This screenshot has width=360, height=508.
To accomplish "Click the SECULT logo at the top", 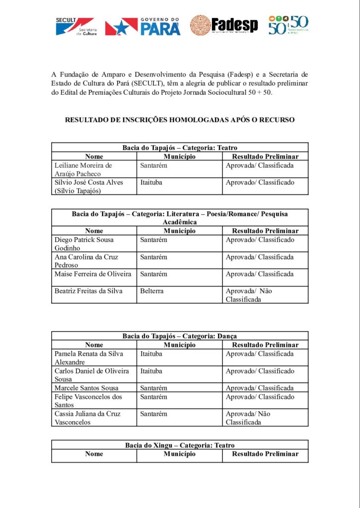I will [76, 26].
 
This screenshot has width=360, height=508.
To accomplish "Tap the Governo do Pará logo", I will [143, 26].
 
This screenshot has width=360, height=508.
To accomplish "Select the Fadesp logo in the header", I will [224, 25].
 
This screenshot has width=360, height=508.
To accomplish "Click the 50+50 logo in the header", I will [288, 25].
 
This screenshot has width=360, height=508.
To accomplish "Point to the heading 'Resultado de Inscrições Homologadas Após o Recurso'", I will [180, 120].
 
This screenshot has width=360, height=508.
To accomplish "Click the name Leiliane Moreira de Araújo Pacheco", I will [83, 169].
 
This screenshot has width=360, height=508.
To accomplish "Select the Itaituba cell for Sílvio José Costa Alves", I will [151, 183].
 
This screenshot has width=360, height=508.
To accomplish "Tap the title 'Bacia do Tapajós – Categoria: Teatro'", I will [180, 147].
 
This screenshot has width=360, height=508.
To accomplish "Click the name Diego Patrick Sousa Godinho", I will [84, 244].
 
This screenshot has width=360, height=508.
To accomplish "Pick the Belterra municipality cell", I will [151, 291].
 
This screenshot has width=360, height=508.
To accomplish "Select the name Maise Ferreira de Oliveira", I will [93, 274].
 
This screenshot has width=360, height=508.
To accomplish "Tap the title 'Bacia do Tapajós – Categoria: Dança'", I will [180, 336].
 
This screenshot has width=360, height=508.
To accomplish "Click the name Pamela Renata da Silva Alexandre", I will [88, 358].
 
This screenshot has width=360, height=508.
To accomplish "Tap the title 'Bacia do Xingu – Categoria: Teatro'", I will [180, 445].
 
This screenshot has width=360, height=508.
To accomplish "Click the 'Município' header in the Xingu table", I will [180, 454].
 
